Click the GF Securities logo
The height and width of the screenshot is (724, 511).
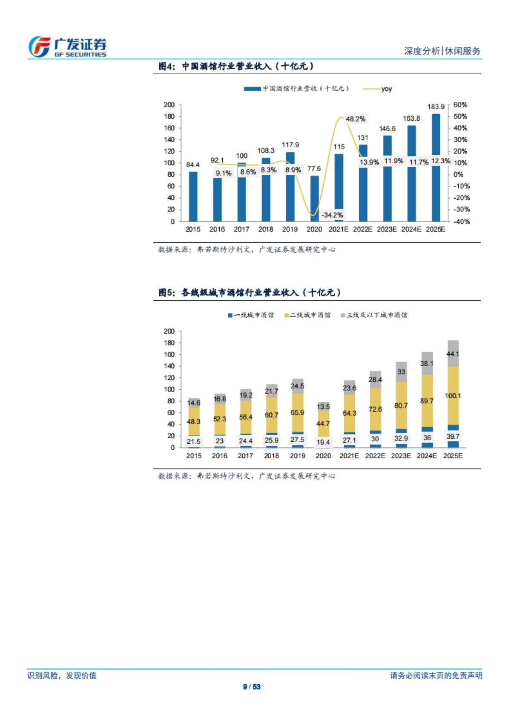tap(67, 47)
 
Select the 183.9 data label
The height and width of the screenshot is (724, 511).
tap(436, 107)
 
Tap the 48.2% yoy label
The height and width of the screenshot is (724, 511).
tap(355, 119)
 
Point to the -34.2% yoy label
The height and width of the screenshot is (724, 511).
tap(332, 215)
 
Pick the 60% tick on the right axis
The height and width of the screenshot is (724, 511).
tap(460, 105)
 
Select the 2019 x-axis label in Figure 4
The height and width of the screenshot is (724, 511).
tap(290, 229)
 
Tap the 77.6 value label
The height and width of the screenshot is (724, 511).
tap(314, 169)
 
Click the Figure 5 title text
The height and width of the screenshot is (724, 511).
tap(250, 292)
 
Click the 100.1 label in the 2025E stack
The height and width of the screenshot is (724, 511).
tap(453, 396)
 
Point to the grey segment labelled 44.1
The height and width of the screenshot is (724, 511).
tap(453, 354)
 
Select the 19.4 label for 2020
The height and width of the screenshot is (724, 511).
tap(323, 442)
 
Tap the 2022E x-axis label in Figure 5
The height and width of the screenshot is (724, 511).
tap(375, 456)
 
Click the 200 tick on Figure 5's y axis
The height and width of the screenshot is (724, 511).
tap(169, 331)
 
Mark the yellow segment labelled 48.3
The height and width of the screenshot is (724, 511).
tap(193, 421)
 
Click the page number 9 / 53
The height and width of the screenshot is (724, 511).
tap(252, 687)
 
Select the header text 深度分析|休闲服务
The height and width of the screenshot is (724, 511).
tap(442, 51)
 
